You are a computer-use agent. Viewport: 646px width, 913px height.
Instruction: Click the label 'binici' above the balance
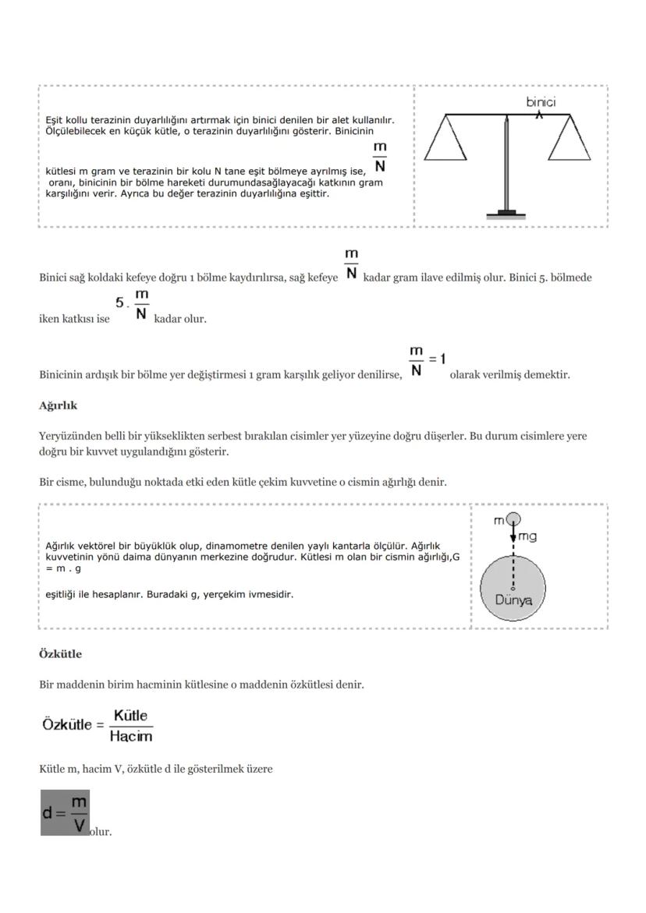(541, 102)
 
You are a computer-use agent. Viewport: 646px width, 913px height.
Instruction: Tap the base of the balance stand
(507, 214)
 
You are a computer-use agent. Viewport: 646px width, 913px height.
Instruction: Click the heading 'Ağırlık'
(58, 406)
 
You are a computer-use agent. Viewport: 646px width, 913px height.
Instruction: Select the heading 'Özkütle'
(60, 654)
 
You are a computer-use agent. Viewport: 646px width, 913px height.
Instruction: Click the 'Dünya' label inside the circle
(513, 600)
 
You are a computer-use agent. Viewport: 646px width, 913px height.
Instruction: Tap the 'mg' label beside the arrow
(527, 536)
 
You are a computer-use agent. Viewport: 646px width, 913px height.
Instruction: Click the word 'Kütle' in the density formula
(130, 716)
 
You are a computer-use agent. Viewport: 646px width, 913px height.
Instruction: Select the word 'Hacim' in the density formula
(130, 735)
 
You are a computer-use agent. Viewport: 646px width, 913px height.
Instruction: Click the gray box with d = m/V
(65, 812)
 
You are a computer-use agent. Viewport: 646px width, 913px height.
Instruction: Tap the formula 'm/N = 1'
(427, 361)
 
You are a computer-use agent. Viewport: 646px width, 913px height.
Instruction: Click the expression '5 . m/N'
(133, 305)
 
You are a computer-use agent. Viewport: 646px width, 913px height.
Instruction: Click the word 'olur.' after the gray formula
(101, 832)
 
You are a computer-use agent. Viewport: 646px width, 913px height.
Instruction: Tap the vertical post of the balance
(507, 164)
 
